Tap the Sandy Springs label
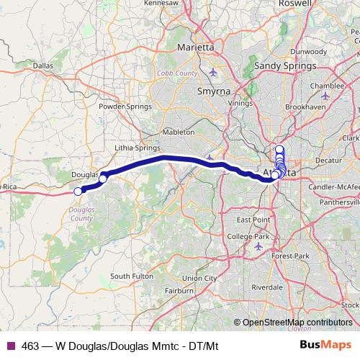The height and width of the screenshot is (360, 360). (286, 66)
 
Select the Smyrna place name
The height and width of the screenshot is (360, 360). (212, 92)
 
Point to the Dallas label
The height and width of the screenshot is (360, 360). (43, 66)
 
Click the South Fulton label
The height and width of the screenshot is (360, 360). (131, 276)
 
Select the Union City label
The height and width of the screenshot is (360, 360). (199, 278)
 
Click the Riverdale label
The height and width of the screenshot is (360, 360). (267, 286)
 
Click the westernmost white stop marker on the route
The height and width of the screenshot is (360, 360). (78, 192)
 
